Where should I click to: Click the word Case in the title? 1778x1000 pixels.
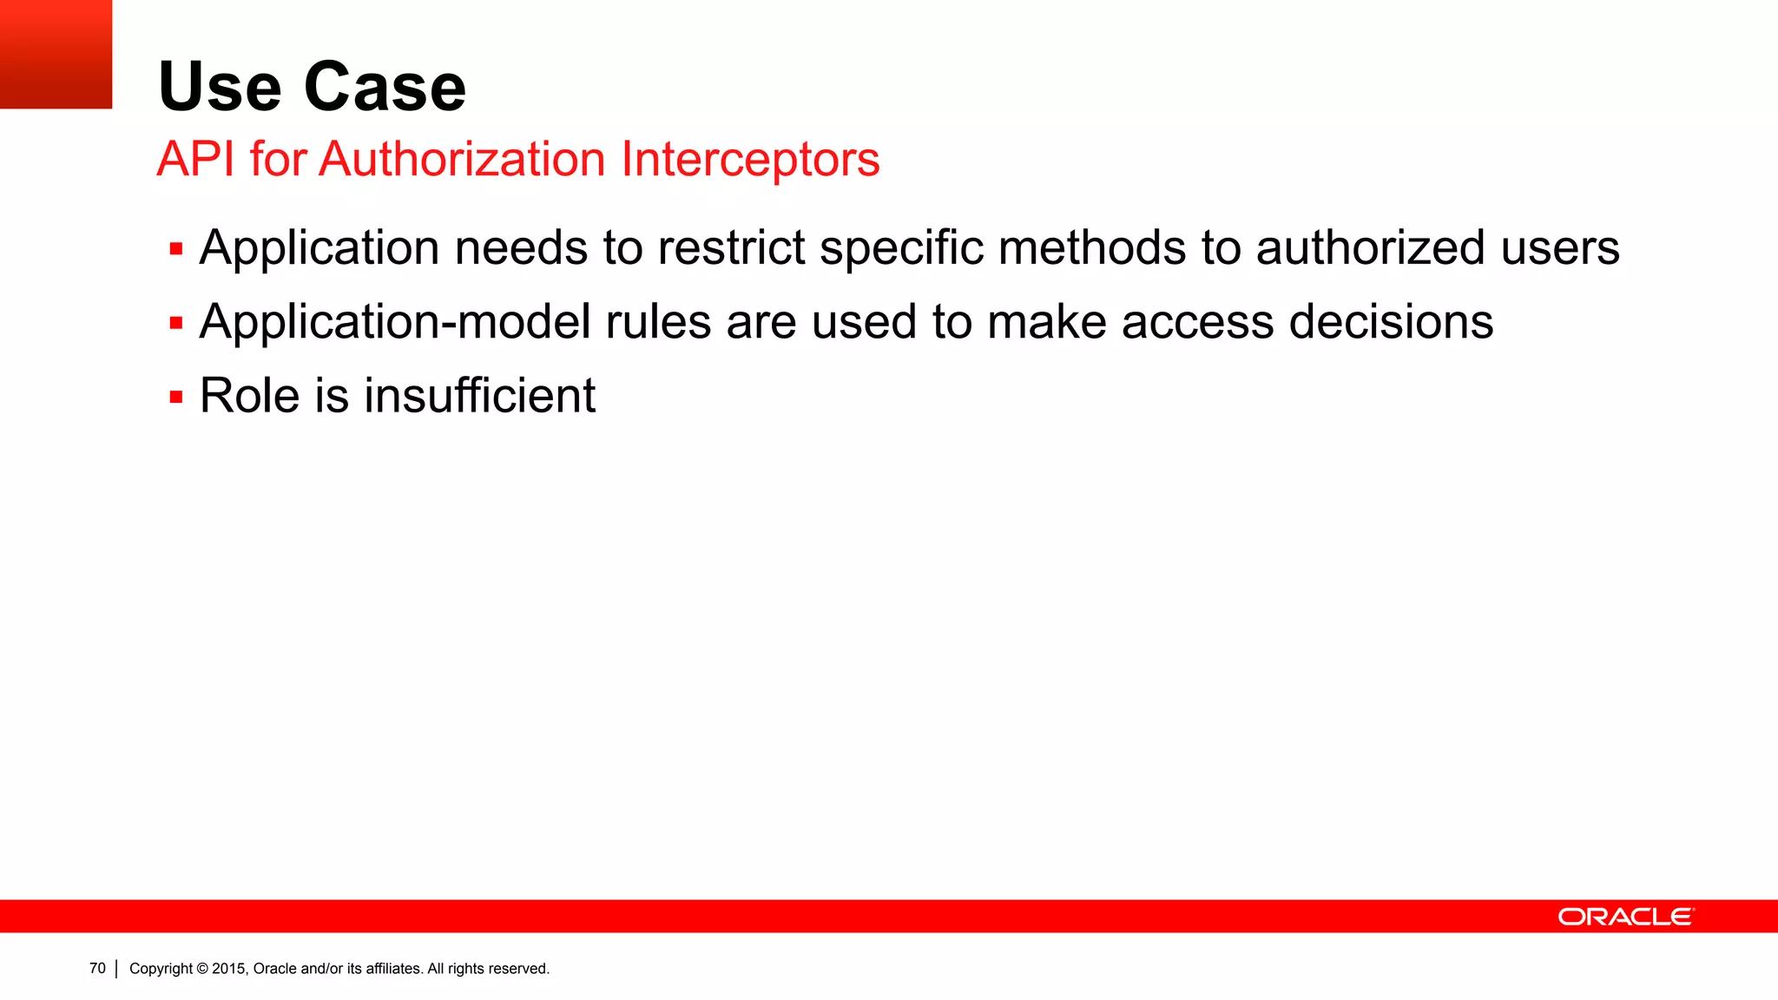pyautogui.click(x=385, y=87)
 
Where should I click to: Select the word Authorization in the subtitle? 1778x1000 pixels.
pyautogui.click(x=462, y=160)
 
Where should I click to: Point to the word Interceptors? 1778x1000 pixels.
pyautogui.click(x=750, y=160)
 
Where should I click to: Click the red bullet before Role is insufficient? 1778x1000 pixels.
pyautogui.click(x=176, y=398)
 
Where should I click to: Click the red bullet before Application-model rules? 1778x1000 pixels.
pyautogui.click(x=176, y=324)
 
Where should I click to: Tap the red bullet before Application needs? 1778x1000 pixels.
pyautogui.click(x=176, y=250)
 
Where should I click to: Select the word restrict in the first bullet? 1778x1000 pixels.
pyautogui.click(x=731, y=248)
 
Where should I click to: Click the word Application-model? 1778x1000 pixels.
pyautogui.click(x=395, y=323)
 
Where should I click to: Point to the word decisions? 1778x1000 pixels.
pyautogui.click(x=1391, y=322)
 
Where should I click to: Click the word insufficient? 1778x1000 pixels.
pyautogui.click(x=479, y=396)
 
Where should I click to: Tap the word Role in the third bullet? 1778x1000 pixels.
pyautogui.click(x=249, y=396)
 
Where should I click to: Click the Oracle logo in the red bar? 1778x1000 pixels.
pyautogui.click(x=1625, y=917)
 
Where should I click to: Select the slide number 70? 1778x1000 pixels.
pyautogui.click(x=97, y=968)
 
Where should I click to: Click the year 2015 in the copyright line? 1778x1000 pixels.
pyautogui.click(x=229, y=969)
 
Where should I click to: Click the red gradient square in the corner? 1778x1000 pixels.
pyautogui.click(x=56, y=54)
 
